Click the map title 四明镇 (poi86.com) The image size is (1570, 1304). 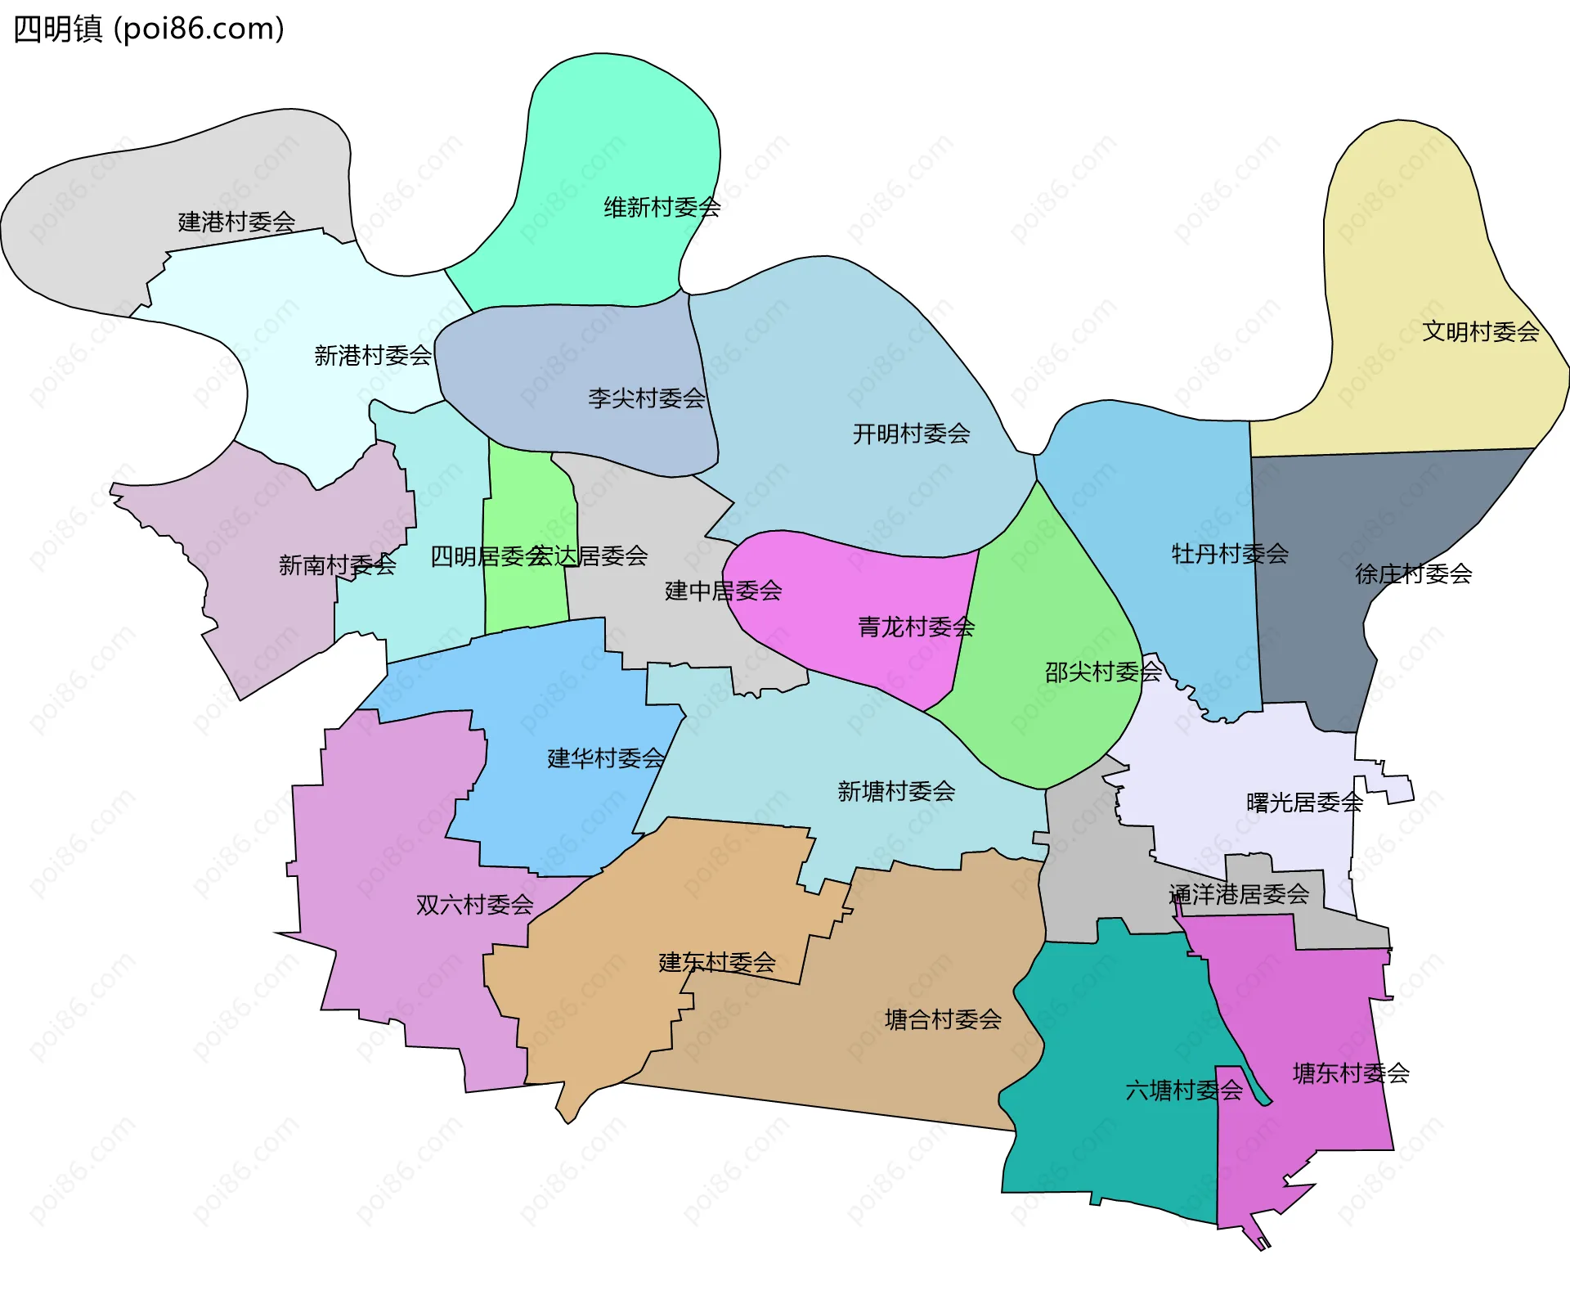point(149,29)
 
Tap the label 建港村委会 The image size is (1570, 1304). point(236,222)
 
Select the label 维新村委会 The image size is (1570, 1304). point(662,208)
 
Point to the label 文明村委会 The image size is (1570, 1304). point(1480,331)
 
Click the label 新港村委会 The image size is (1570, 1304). point(373,355)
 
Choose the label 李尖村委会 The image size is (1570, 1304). point(646,398)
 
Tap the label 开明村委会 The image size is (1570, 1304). point(911,434)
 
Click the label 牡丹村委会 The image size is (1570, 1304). point(1230,554)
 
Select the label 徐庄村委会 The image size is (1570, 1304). point(1413,573)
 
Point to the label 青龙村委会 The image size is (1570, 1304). point(916,627)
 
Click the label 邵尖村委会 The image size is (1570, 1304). point(1103,672)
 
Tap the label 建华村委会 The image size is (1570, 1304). point(605,758)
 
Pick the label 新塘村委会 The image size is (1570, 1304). point(896,791)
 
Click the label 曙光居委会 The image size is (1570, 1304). point(1304,803)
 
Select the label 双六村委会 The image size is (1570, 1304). point(474,905)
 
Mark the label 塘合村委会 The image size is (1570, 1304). point(943,1019)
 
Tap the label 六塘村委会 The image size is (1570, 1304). point(1183,1090)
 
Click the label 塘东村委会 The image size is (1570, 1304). point(1351,1073)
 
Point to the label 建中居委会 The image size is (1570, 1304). point(723,591)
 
